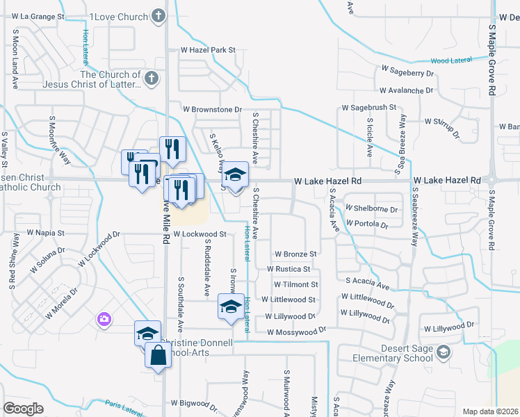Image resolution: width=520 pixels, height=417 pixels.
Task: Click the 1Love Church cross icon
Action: [x=159, y=16]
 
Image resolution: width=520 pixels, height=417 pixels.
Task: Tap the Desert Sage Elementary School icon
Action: [x=443, y=354]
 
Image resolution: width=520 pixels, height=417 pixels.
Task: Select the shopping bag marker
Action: [x=159, y=356]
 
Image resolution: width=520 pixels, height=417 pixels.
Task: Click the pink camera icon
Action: [x=104, y=319]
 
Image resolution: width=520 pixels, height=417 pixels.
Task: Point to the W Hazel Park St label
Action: [x=209, y=50]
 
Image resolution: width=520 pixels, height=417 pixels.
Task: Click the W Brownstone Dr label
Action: [x=212, y=110]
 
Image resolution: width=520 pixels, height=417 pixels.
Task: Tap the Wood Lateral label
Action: [x=451, y=60]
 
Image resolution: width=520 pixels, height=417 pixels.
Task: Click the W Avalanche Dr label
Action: [x=407, y=90]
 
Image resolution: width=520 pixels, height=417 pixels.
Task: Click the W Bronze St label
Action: [x=295, y=254]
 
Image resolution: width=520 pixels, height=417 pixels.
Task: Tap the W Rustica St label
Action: [x=292, y=269]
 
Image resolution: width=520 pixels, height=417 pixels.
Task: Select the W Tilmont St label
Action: [x=295, y=284]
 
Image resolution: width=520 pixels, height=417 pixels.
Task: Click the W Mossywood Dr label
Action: [x=296, y=332]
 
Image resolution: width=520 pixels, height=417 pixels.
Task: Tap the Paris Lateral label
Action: [x=124, y=408]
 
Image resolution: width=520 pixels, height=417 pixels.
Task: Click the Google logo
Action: [x=23, y=409]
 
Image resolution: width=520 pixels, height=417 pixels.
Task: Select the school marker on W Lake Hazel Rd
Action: [x=235, y=177]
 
